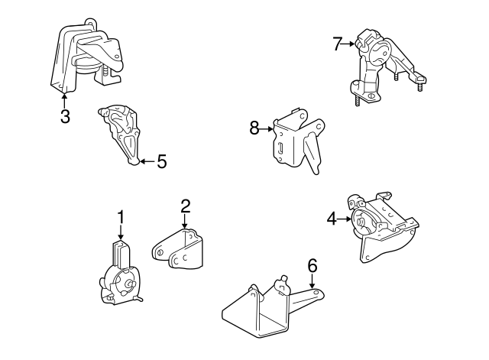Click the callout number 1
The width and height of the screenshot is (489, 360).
click(x=121, y=217)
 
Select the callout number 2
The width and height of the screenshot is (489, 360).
click(x=185, y=206)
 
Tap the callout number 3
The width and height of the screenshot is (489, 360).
click(x=65, y=116)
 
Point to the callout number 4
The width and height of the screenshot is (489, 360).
click(x=332, y=219)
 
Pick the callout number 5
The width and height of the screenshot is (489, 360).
click(x=162, y=161)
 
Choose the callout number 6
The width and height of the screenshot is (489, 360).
click(x=313, y=266)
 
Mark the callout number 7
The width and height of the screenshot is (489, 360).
click(x=338, y=44)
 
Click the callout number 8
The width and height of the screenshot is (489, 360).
click(x=254, y=128)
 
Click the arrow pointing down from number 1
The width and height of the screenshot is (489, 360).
click(x=121, y=232)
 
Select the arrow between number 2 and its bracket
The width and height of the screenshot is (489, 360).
click(x=185, y=222)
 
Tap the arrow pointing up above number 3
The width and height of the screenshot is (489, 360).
click(x=64, y=100)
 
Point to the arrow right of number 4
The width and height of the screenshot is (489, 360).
click(x=345, y=219)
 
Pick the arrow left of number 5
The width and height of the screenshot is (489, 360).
click(x=147, y=161)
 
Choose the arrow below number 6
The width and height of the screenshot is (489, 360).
click(x=312, y=281)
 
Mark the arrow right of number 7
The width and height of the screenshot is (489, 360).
click(x=348, y=44)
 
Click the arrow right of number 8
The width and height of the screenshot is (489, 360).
click(x=267, y=128)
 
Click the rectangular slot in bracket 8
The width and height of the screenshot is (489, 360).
click(x=280, y=148)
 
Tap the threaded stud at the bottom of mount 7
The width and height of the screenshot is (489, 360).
click(x=357, y=100)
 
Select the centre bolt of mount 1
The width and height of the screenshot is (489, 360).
click(x=129, y=284)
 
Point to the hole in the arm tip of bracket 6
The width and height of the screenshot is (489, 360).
click(x=316, y=292)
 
